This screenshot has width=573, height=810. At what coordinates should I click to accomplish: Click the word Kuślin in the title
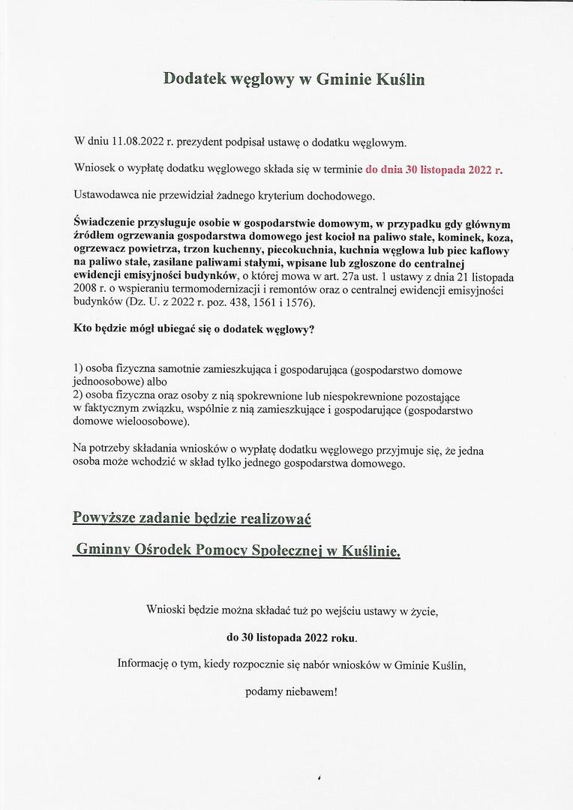point(398,78)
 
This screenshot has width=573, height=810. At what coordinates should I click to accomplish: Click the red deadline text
point(433,169)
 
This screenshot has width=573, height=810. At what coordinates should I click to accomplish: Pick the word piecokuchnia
point(300,250)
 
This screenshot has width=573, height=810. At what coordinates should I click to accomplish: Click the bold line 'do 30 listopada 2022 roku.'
point(292,637)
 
